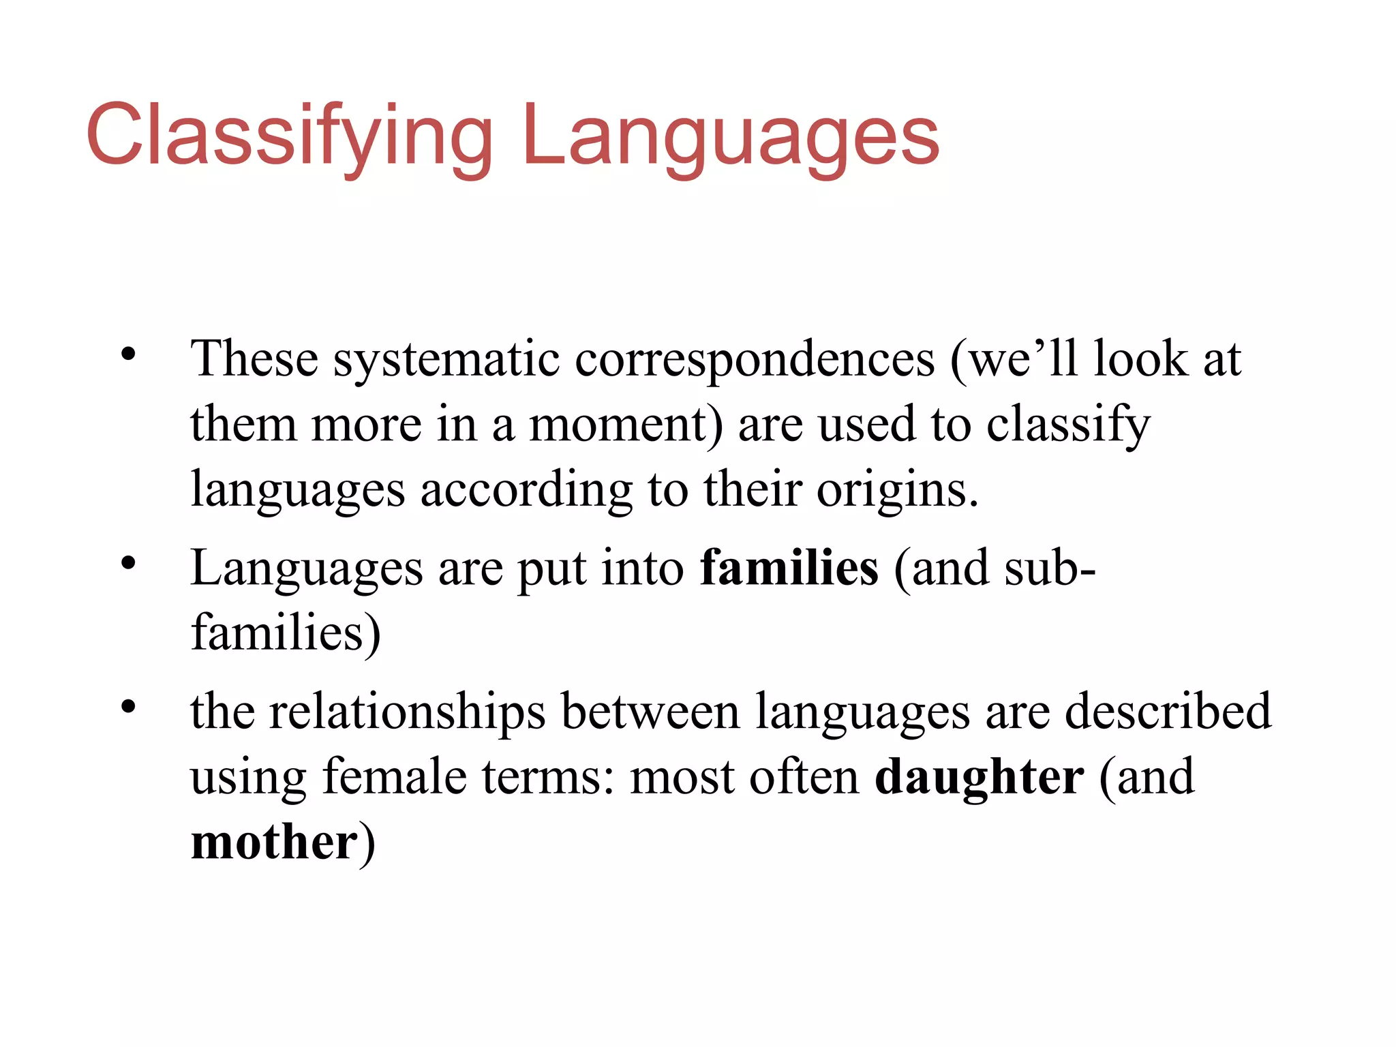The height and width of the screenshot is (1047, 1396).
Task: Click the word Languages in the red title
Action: (731, 136)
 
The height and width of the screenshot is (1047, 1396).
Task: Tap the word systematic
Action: (446, 359)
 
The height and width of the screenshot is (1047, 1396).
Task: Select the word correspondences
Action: (755, 359)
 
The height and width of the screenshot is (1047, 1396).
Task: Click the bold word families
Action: (789, 568)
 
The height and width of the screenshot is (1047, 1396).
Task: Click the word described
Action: (1168, 712)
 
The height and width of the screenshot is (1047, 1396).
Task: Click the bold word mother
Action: (274, 843)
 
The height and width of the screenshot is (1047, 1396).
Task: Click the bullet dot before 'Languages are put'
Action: (128, 563)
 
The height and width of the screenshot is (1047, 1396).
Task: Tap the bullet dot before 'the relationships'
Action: (128, 708)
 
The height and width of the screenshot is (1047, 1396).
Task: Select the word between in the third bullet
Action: (650, 712)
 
